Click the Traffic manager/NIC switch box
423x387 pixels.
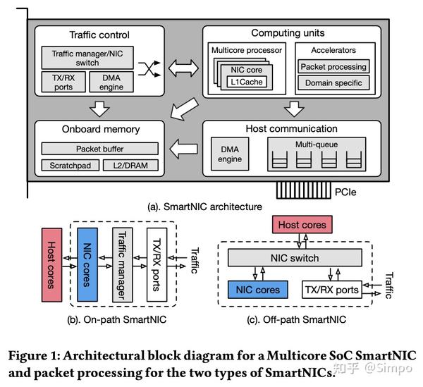click(x=87, y=58)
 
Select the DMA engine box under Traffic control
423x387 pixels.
click(x=112, y=82)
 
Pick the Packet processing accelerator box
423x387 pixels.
click(x=333, y=66)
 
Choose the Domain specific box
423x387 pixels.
click(x=333, y=83)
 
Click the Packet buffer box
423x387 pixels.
click(x=99, y=149)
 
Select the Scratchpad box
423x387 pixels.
click(x=68, y=166)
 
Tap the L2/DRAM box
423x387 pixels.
click(x=131, y=166)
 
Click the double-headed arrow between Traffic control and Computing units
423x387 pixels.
click(x=180, y=68)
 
